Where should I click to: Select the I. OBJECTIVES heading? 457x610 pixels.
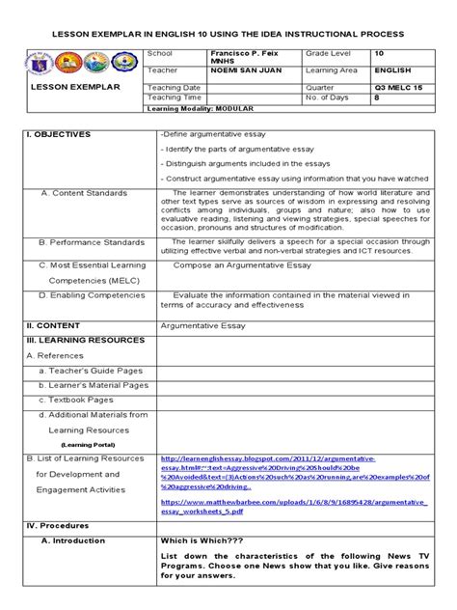pyautogui.click(x=60, y=134)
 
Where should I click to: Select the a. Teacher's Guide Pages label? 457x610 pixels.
pyautogui.click(x=91, y=370)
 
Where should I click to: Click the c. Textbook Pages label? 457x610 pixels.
pyautogui.click(x=76, y=400)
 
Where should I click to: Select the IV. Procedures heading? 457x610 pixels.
pyautogui.click(x=61, y=526)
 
